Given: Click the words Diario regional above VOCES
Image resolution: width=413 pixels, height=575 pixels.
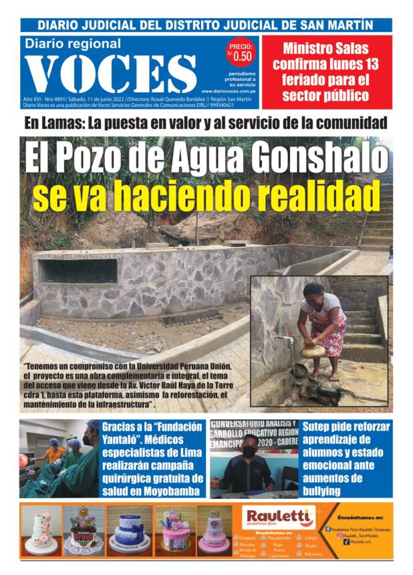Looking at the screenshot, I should (73, 44).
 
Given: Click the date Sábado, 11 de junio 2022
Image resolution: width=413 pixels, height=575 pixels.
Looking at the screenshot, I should (94, 98).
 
